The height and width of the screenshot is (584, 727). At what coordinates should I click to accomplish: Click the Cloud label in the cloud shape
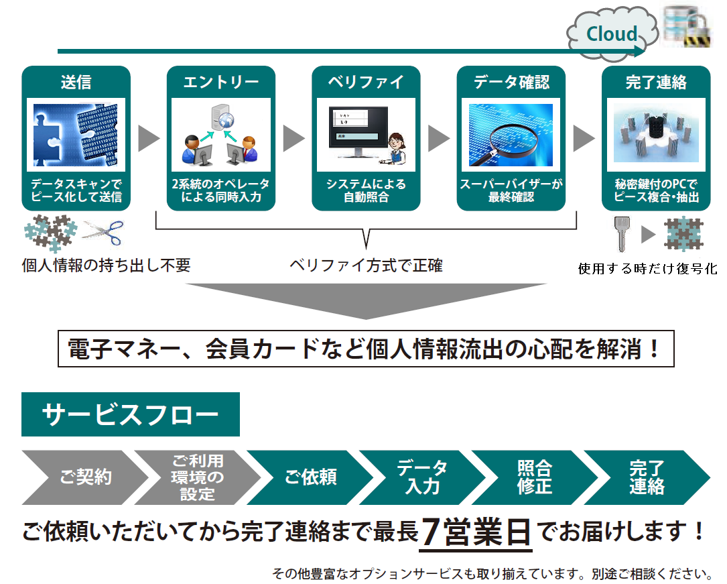click(x=612, y=34)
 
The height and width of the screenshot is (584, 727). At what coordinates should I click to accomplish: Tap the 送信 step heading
click(x=76, y=82)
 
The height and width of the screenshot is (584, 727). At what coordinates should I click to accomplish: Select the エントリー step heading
click(x=221, y=82)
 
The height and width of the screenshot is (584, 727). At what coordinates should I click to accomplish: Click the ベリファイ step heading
click(x=366, y=82)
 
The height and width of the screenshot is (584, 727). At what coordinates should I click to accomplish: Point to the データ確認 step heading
click(x=511, y=82)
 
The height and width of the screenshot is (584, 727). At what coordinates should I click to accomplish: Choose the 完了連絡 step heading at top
click(x=656, y=82)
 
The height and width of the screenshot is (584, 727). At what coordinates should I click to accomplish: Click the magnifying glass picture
click(x=511, y=135)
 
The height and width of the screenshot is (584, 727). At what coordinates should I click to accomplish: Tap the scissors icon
click(x=103, y=232)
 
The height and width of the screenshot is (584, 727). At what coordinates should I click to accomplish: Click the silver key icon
click(x=621, y=233)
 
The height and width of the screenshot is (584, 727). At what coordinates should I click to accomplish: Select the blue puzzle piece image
click(x=76, y=135)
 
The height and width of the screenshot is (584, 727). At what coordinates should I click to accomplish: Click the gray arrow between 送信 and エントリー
click(x=149, y=138)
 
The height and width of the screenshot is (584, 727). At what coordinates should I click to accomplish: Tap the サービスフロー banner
click(x=130, y=414)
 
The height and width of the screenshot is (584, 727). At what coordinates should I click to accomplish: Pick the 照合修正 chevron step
click(x=535, y=477)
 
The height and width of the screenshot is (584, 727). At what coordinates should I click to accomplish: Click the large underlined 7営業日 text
click(x=476, y=532)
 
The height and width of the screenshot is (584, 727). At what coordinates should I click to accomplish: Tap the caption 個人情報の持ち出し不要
click(x=106, y=266)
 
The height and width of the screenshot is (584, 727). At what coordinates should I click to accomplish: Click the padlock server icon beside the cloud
click(x=687, y=27)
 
